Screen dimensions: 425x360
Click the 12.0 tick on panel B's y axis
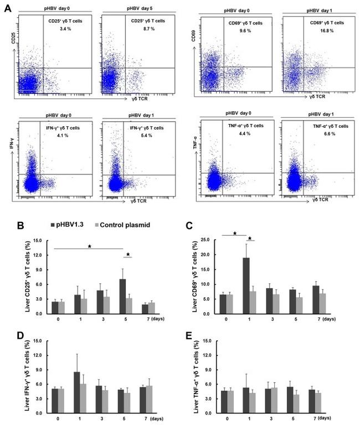[38, 256]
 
